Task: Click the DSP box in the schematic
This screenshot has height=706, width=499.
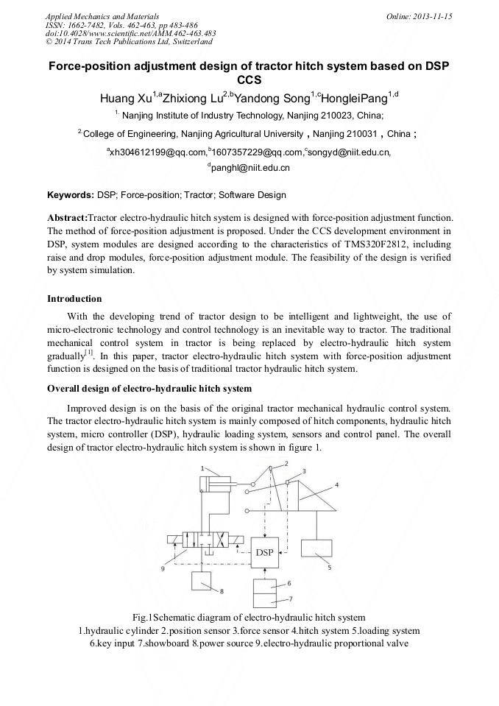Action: (265, 552)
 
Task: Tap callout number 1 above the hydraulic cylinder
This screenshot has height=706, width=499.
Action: (202, 468)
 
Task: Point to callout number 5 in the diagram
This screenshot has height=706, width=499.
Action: (329, 568)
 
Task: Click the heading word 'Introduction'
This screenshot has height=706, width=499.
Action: (74, 299)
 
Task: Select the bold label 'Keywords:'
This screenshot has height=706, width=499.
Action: (70, 195)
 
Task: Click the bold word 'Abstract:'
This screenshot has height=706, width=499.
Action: (67, 218)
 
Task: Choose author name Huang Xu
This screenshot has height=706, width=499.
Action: (126, 98)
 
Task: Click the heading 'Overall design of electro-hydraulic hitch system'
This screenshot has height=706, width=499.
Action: (149, 388)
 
